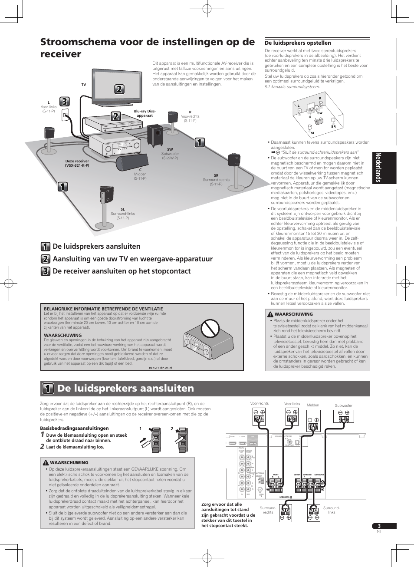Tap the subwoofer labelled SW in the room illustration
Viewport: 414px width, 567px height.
click(155, 135)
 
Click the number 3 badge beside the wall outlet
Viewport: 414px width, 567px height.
click(64, 102)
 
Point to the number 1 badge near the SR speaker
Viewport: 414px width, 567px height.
click(200, 142)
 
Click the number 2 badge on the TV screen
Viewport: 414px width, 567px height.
click(119, 89)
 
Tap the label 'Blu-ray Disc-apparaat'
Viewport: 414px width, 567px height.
click(145, 113)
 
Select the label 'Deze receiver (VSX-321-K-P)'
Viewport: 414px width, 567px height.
click(77, 163)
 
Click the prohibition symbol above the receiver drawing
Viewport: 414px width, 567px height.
click(210, 328)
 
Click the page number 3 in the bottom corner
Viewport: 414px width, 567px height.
click(379, 526)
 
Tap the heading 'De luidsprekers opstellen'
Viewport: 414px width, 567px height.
click(298, 43)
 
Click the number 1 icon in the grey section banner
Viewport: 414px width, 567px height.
click(48, 389)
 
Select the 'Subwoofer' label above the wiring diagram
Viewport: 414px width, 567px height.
click(343, 405)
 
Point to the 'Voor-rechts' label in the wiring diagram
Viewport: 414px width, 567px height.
click(260, 403)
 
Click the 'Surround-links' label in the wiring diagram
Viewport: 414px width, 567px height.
click(331, 510)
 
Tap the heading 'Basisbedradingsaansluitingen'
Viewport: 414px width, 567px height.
click(74, 428)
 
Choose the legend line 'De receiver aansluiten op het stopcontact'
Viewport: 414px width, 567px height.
click(122, 271)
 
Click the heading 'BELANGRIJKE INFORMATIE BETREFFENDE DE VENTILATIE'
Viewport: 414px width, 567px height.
click(103, 309)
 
